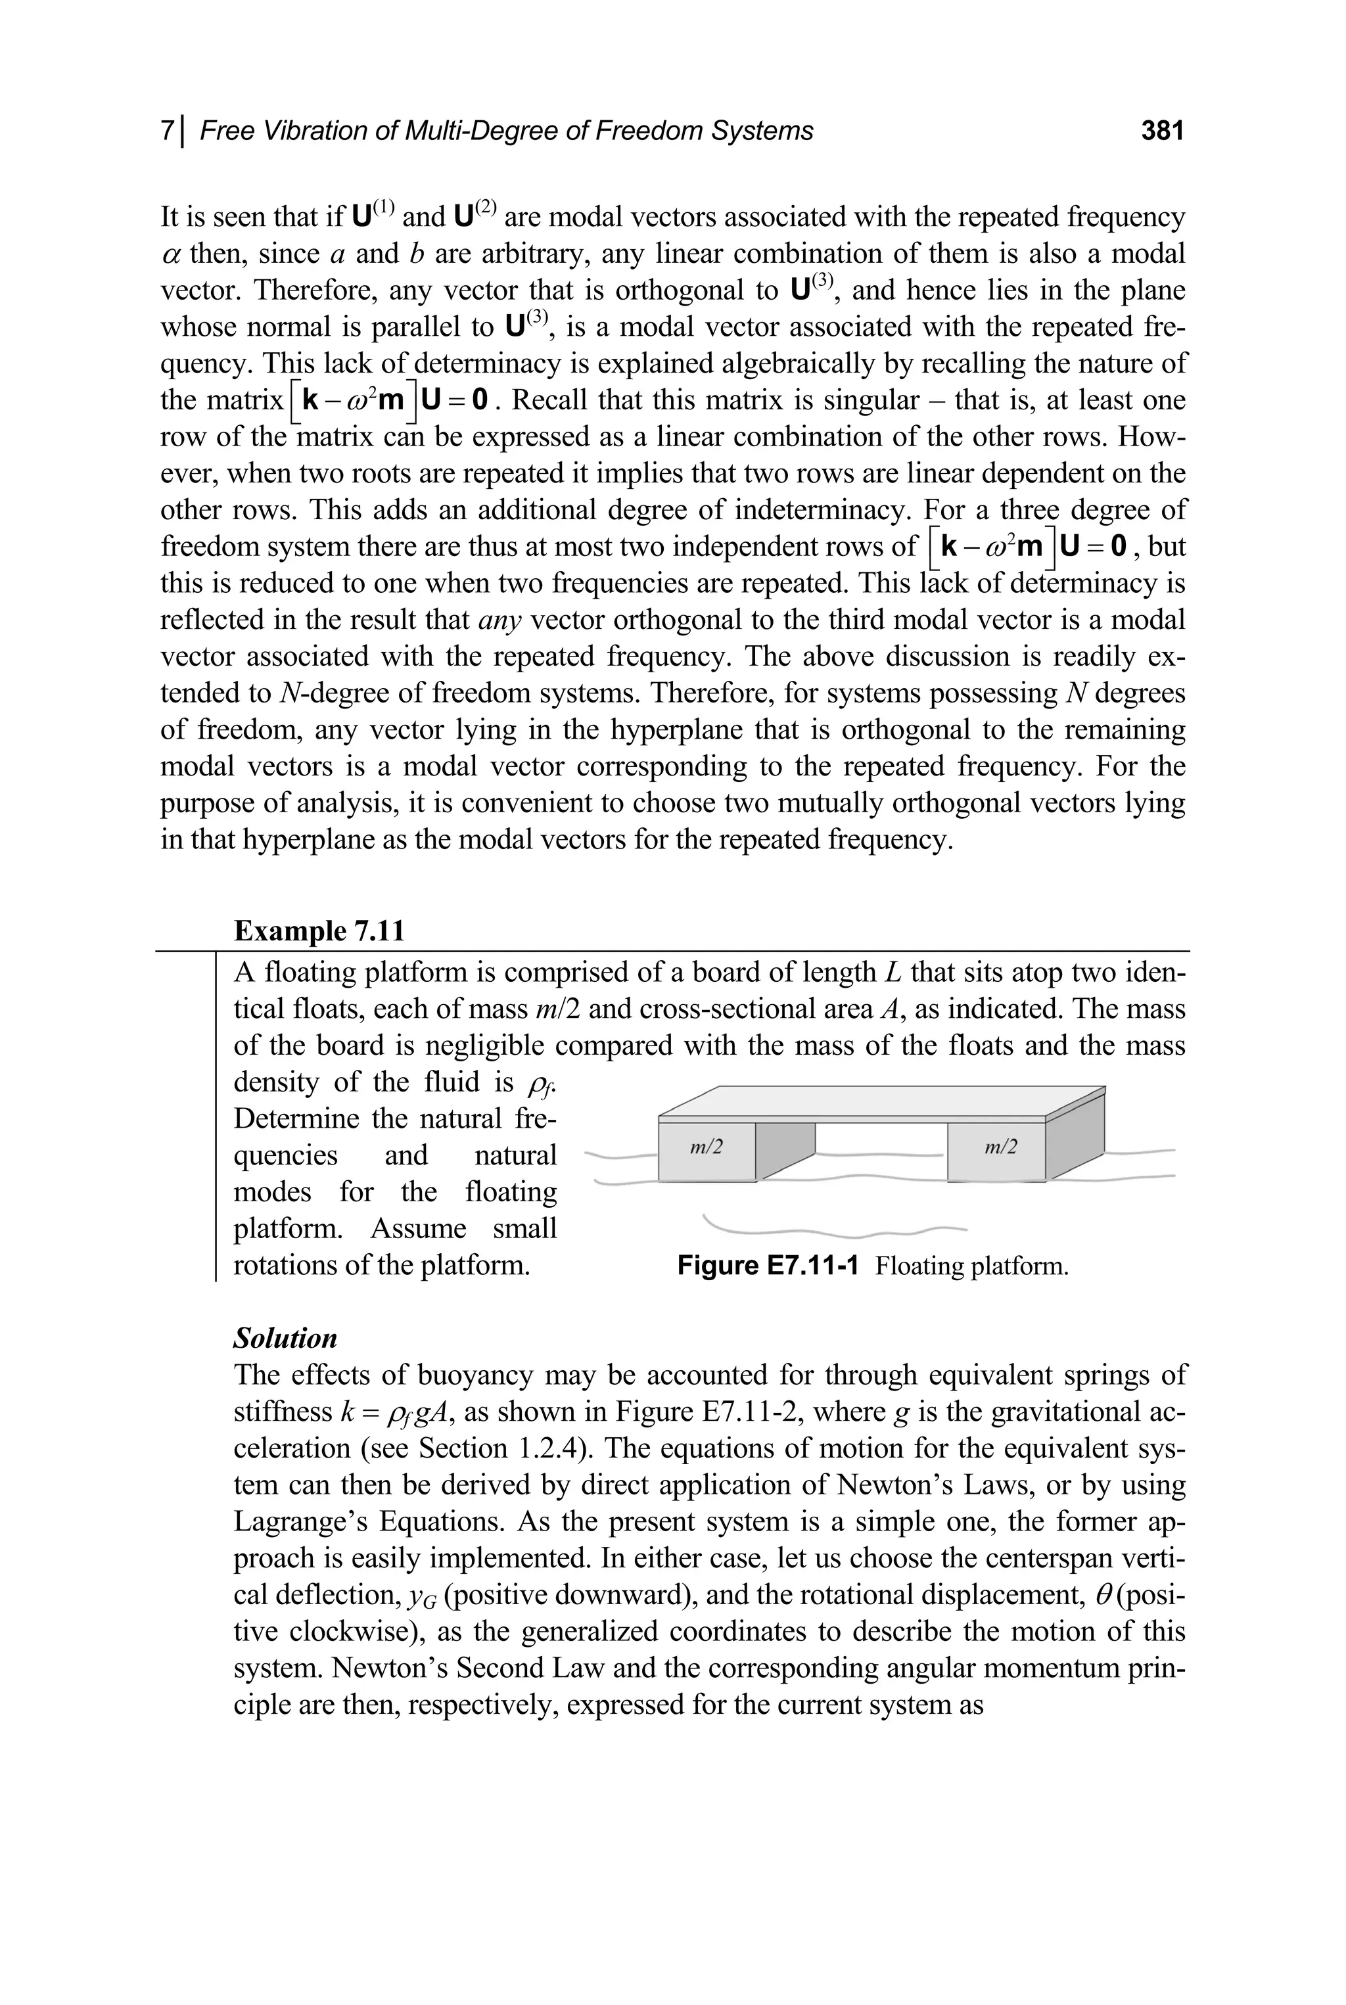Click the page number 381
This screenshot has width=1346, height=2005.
[x=1162, y=131]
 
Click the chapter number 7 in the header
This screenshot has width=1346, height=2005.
[x=168, y=131]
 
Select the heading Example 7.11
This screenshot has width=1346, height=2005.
[x=319, y=931]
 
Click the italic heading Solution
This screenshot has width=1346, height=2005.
[x=285, y=1338]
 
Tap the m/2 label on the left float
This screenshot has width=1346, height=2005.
[x=707, y=1147]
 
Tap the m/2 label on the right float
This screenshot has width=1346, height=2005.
[x=1001, y=1147]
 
